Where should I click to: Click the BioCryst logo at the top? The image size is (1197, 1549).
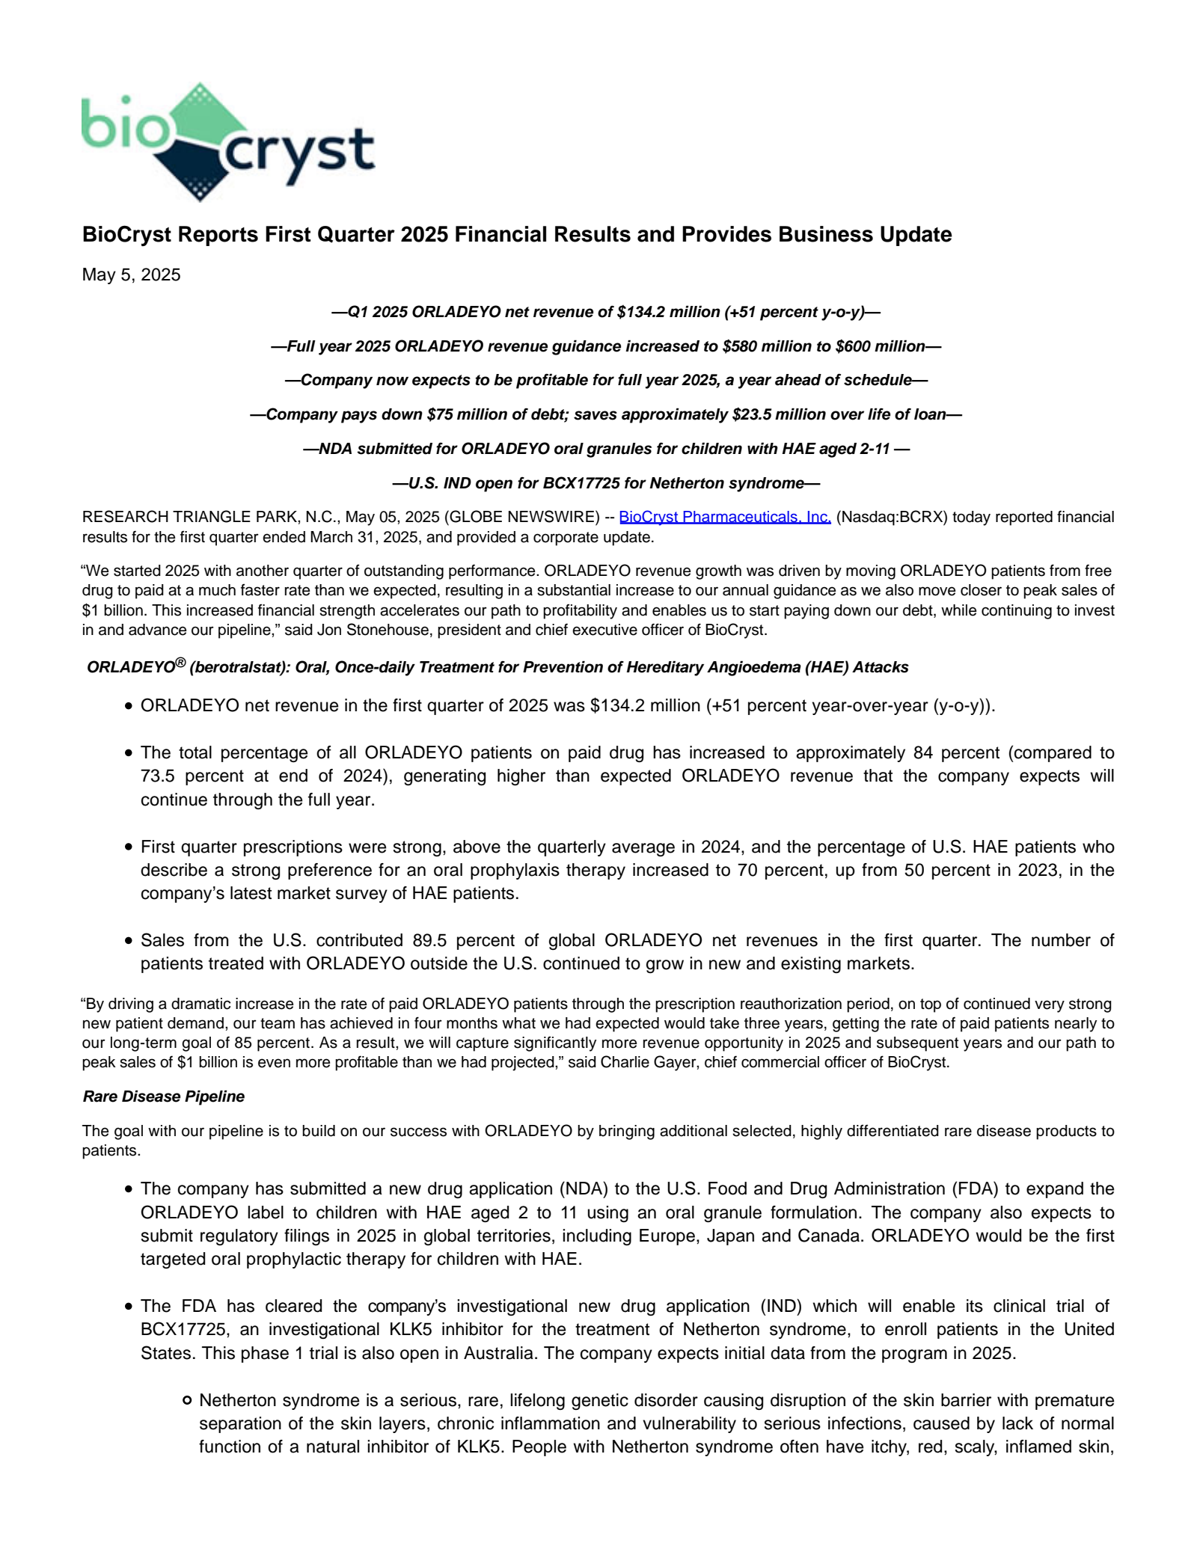pyautogui.click(x=228, y=142)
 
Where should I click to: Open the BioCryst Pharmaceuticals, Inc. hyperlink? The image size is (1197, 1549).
pyautogui.click(x=724, y=517)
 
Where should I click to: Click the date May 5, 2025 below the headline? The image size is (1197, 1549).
pyautogui.click(x=131, y=274)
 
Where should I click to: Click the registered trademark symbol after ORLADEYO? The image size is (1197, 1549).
pyautogui.click(x=180, y=662)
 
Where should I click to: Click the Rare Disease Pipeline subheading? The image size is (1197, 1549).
pyautogui.click(x=164, y=1096)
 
